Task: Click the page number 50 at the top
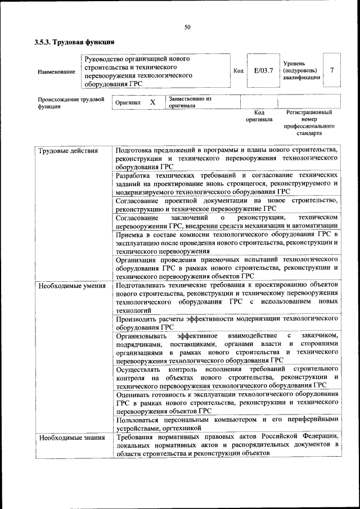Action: [x=187, y=26]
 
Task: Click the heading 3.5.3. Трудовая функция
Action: [x=74, y=42]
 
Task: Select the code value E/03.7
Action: [x=263, y=70]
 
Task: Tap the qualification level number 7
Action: [x=332, y=70]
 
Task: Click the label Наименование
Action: [x=56, y=71]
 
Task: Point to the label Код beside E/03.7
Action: [x=238, y=70]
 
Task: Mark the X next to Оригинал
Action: [x=152, y=103]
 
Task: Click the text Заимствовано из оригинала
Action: [x=189, y=102]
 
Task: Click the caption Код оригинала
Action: [x=259, y=116]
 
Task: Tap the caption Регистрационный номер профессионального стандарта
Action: [x=309, y=123]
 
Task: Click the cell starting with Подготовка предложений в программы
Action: [x=226, y=159]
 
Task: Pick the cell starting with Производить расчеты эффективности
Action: [x=226, y=322]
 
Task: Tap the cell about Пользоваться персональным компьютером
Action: [x=226, y=424]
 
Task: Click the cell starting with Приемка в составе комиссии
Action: [x=226, y=242]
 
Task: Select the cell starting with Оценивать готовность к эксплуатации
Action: [x=226, y=402]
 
